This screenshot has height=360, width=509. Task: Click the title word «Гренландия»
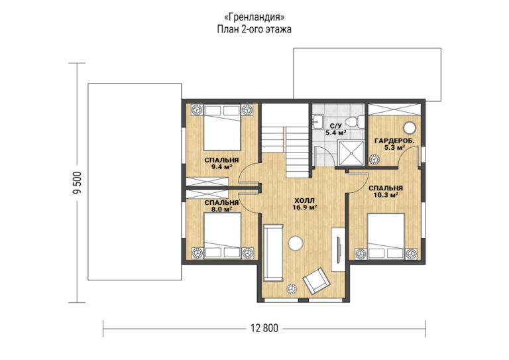point(254,17)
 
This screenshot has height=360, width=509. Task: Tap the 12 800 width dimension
point(264,328)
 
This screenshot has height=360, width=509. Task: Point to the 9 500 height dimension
point(78,183)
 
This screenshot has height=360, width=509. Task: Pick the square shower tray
point(351,152)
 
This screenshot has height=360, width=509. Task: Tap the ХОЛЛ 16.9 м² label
point(304,204)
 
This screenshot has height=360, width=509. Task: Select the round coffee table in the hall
point(296,243)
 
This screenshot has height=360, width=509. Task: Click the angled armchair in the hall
point(316,281)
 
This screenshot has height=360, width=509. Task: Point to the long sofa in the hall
point(273,253)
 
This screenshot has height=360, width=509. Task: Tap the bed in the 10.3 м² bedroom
point(386,236)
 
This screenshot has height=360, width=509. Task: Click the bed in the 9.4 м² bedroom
point(222,127)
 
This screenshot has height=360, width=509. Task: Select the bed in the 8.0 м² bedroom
point(223,235)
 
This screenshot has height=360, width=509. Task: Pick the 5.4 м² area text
point(335,133)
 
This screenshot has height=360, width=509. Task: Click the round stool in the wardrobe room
point(410,128)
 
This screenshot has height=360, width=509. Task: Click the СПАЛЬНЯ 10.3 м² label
point(386,192)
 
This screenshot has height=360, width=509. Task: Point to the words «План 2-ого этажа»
point(254,29)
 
